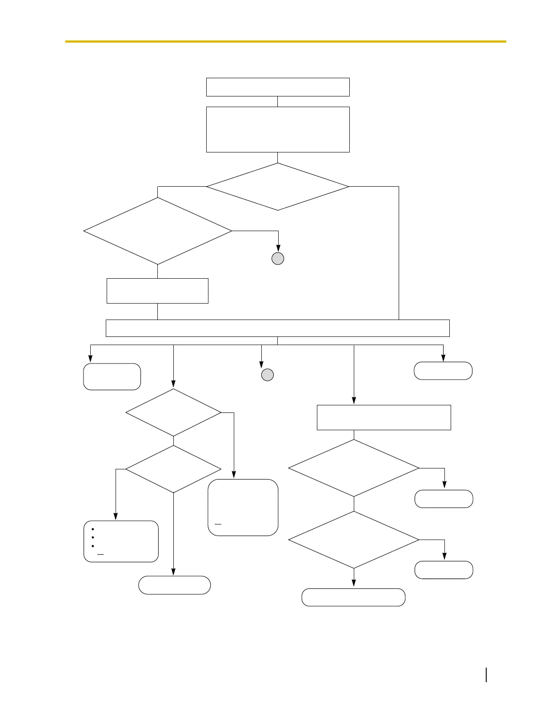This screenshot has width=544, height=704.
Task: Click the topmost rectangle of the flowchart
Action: point(278,87)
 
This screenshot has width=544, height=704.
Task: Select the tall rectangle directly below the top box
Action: point(278,129)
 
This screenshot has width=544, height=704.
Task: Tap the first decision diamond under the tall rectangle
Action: point(278,187)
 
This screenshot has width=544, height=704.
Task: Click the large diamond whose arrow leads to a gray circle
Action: point(158,231)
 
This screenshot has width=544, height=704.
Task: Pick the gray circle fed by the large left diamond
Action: point(278,259)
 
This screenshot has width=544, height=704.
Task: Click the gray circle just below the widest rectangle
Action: point(267,375)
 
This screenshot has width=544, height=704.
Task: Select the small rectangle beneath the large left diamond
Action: point(157,291)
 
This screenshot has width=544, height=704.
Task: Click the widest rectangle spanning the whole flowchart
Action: point(278,328)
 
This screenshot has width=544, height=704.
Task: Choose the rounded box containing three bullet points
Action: point(121,541)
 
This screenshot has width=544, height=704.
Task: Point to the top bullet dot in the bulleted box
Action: point(92,529)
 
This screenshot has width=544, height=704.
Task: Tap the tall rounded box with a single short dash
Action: point(243,507)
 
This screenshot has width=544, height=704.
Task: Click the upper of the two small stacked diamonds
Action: point(173,412)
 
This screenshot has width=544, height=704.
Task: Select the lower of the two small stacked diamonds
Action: point(173,469)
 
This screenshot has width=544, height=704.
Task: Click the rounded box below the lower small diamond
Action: point(174,585)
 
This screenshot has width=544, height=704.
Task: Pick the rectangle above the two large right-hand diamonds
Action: point(384,417)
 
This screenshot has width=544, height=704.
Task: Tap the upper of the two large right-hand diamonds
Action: point(354,468)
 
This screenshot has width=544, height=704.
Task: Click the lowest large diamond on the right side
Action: point(354,540)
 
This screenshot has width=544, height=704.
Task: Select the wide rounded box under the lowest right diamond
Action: point(353,597)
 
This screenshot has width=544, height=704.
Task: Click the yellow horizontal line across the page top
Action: point(285,41)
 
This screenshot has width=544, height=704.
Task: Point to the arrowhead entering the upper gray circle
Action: point(278,250)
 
